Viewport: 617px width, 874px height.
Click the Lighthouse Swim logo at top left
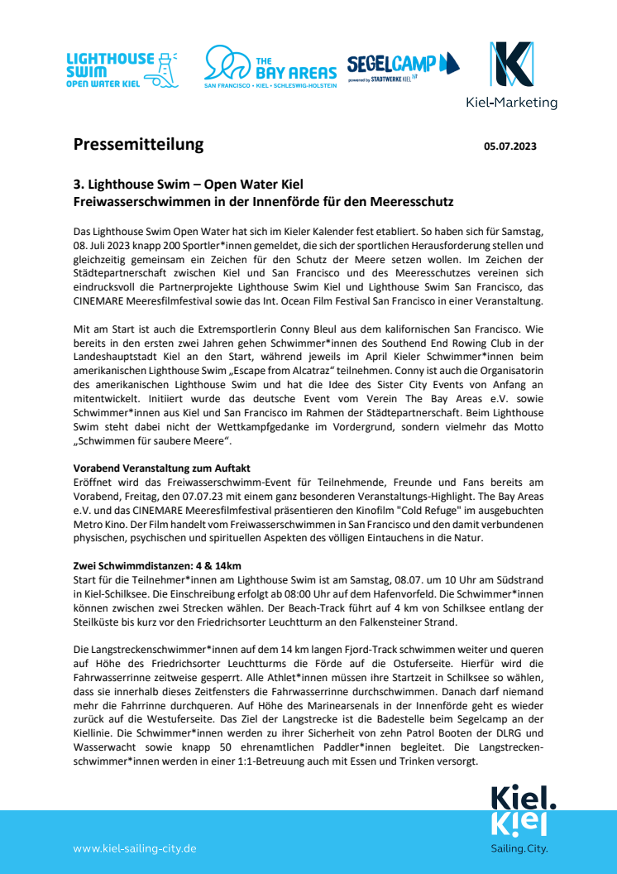point(122,70)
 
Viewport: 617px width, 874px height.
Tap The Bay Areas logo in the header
point(270,67)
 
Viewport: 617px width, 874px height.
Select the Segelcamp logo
point(403,65)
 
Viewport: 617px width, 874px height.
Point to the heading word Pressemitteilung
point(138,145)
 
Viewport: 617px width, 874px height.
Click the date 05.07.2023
point(509,146)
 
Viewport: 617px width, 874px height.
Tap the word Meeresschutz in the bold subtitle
point(412,201)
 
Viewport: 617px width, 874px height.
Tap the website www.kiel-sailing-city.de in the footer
point(135,848)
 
